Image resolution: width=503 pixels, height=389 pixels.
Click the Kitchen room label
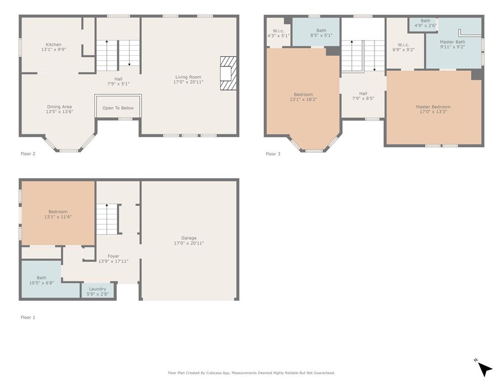click(x=54, y=45)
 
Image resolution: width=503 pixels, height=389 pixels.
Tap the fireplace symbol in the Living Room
click(x=228, y=73)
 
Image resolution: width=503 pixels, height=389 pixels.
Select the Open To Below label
click(x=118, y=108)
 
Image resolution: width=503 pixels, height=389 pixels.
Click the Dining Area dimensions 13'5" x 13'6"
click(x=59, y=112)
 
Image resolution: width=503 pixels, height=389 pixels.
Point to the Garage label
click(x=189, y=238)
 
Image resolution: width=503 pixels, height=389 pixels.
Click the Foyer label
click(x=113, y=256)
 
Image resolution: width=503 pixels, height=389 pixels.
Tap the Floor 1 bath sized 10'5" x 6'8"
click(x=41, y=280)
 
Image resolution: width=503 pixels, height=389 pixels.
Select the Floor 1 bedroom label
click(x=58, y=212)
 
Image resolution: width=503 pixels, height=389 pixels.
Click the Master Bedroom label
click(x=433, y=107)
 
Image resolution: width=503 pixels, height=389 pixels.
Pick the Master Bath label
click(x=452, y=42)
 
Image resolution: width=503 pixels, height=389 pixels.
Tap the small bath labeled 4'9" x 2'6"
click(x=425, y=23)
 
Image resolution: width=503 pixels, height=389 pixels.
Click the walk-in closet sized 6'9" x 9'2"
click(x=403, y=47)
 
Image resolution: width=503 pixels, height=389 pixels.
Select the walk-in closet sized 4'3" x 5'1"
click(x=278, y=33)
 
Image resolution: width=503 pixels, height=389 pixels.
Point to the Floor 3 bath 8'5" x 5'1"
click(x=321, y=33)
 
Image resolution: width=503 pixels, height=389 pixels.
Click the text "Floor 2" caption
click(x=28, y=154)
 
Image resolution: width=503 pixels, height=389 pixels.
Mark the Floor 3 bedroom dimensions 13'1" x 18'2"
click(x=303, y=100)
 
